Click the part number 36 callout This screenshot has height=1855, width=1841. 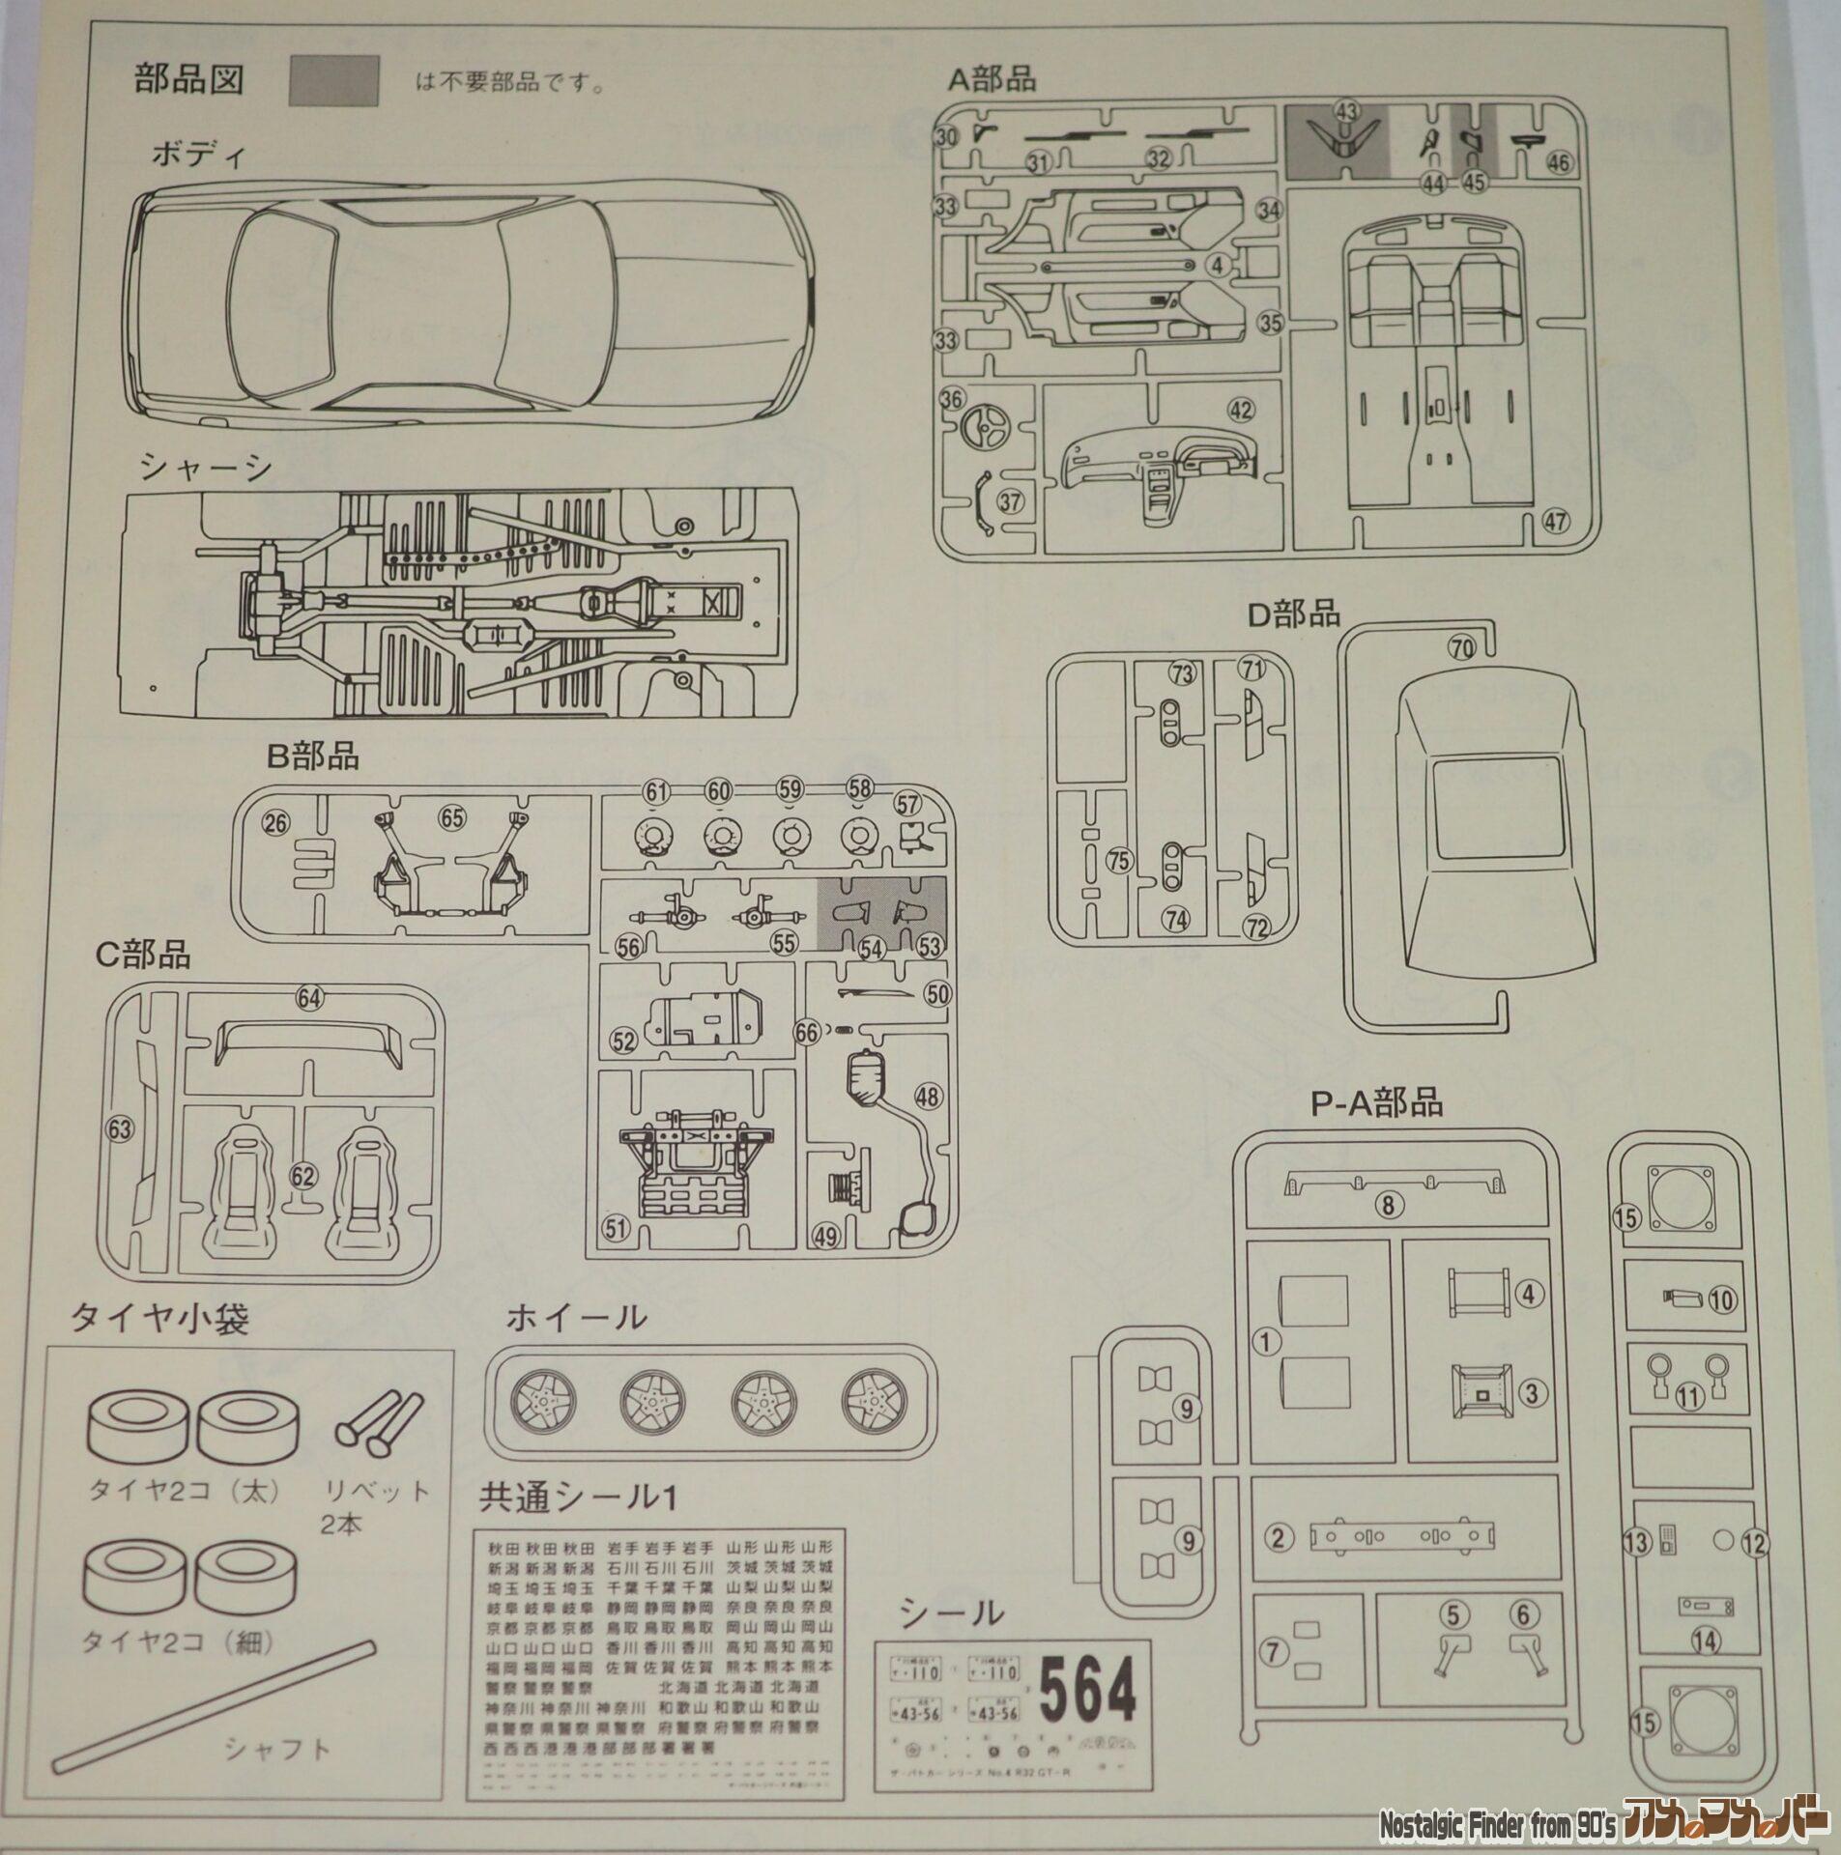coord(951,398)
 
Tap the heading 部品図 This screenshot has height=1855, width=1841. coord(188,79)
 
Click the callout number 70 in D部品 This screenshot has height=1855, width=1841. coord(1461,648)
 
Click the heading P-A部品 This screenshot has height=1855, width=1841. coord(1375,1101)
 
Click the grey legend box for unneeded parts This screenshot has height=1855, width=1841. coord(333,80)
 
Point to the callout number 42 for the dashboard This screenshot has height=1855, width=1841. coord(1240,410)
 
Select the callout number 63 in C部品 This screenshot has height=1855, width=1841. coord(120,1128)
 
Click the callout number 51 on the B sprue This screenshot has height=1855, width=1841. coord(615,1228)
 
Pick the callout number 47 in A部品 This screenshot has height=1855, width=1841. coord(1555,521)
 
